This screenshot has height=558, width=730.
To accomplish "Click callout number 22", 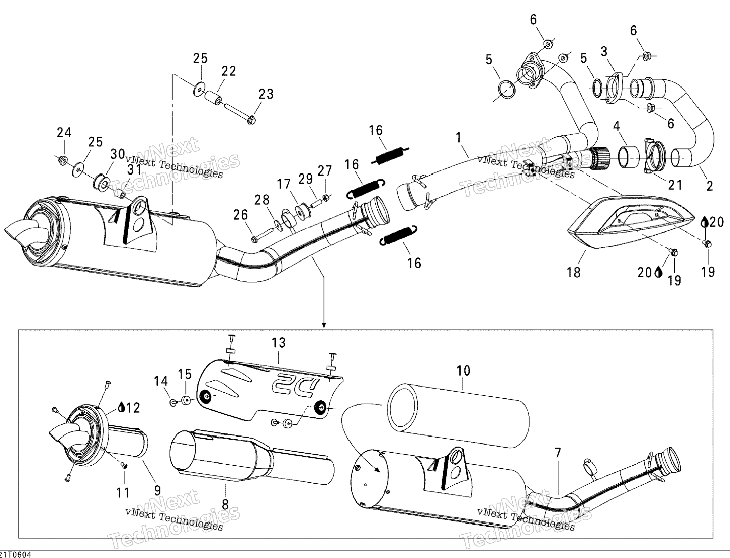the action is (228, 71).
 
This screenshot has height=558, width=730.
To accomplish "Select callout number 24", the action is (64, 133).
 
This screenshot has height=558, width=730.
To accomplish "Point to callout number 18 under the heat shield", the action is (574, 272).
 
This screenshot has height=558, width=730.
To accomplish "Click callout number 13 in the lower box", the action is (279, 343).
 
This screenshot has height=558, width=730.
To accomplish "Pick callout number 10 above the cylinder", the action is (463, 371).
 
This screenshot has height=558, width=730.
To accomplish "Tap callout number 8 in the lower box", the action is (225, 505).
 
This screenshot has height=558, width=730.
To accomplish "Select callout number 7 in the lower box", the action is (558, 452).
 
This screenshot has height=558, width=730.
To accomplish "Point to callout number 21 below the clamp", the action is (675, 185).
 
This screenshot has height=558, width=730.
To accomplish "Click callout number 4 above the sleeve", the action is (617, 126).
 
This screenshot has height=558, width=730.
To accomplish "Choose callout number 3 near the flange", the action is (604, 51).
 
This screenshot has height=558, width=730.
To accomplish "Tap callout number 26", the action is (241, 215).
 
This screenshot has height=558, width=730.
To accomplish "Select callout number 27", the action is (325, 171).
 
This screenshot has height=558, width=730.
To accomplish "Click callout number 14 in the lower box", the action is (161, 381).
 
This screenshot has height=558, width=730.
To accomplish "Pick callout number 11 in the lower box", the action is (123, 493).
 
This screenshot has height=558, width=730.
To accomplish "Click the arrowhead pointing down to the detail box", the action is (324, 325).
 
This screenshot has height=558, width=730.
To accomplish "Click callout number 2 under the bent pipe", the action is (710, 186).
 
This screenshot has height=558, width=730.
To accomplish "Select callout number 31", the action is (134, 170).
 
